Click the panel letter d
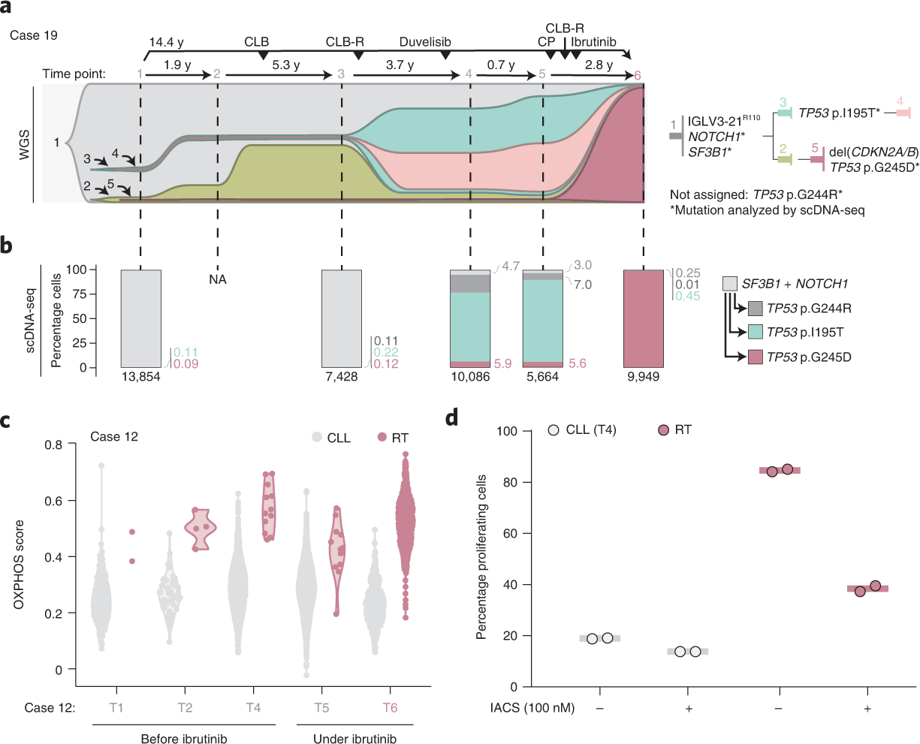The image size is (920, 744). pos(451,417)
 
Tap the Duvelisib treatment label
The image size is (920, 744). pos(425,42)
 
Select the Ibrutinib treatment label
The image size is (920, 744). pos(593,42)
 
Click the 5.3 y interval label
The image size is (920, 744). pos(285,65)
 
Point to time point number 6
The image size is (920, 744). pos(638,75)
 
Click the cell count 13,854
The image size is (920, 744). pos(140,377)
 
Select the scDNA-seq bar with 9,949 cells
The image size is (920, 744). pos(644,318)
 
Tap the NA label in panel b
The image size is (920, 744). pos(218,280)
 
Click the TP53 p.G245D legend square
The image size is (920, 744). pos(756,357)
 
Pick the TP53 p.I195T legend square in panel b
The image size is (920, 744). pos(756,333)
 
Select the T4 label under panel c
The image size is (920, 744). pos(253,708)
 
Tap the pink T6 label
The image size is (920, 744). pos(390,708)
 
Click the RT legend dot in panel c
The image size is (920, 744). pos(382,438)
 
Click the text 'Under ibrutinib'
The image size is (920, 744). pos(354,739)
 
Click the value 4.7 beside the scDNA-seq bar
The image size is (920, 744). pos(511,266)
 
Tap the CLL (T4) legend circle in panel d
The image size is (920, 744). pos(554,430)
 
